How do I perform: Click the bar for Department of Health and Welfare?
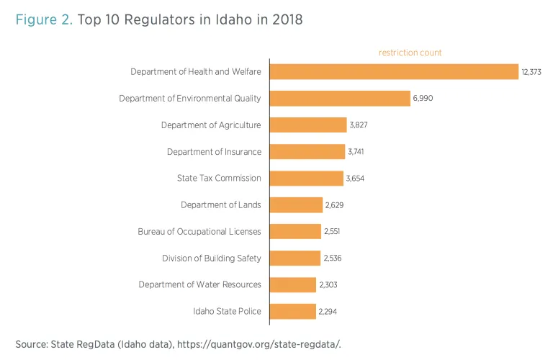click(x=394, y=71)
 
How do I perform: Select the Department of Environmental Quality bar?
click(x=340, y=98)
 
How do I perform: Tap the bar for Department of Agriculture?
click(x=308, y=125)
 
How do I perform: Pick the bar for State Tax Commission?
click(x=307, y=178)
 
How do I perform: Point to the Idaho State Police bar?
click(x=293, y=311)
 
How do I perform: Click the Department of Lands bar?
click(x=297, y=204)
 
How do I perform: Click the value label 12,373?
click(x=533, y=71)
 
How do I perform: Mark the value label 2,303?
click(x=328, y=285)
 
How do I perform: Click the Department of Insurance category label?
click(x=214, y=152)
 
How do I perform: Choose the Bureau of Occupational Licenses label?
click(x=199, y=232)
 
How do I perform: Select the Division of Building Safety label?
click(x=212, y=258)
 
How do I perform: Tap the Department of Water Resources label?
click(x=200, y=284)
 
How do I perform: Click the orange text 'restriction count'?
click(x=410, y=53)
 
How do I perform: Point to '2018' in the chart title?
click(x=287, y=20)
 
